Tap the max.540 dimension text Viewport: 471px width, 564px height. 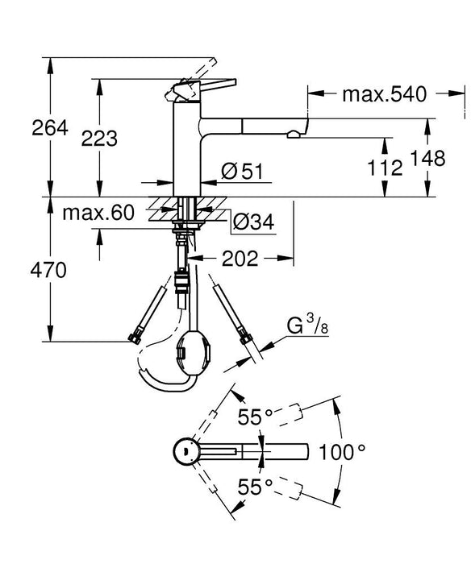point(383,95)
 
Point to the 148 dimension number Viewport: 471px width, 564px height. point(427,159)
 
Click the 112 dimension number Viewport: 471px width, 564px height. point(386,168)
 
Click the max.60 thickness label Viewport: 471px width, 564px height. point(98,214)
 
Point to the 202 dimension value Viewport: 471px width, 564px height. point(239,259)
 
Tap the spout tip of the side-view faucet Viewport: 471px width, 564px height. point(302,127)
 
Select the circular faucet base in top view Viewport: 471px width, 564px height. point(187,451)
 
